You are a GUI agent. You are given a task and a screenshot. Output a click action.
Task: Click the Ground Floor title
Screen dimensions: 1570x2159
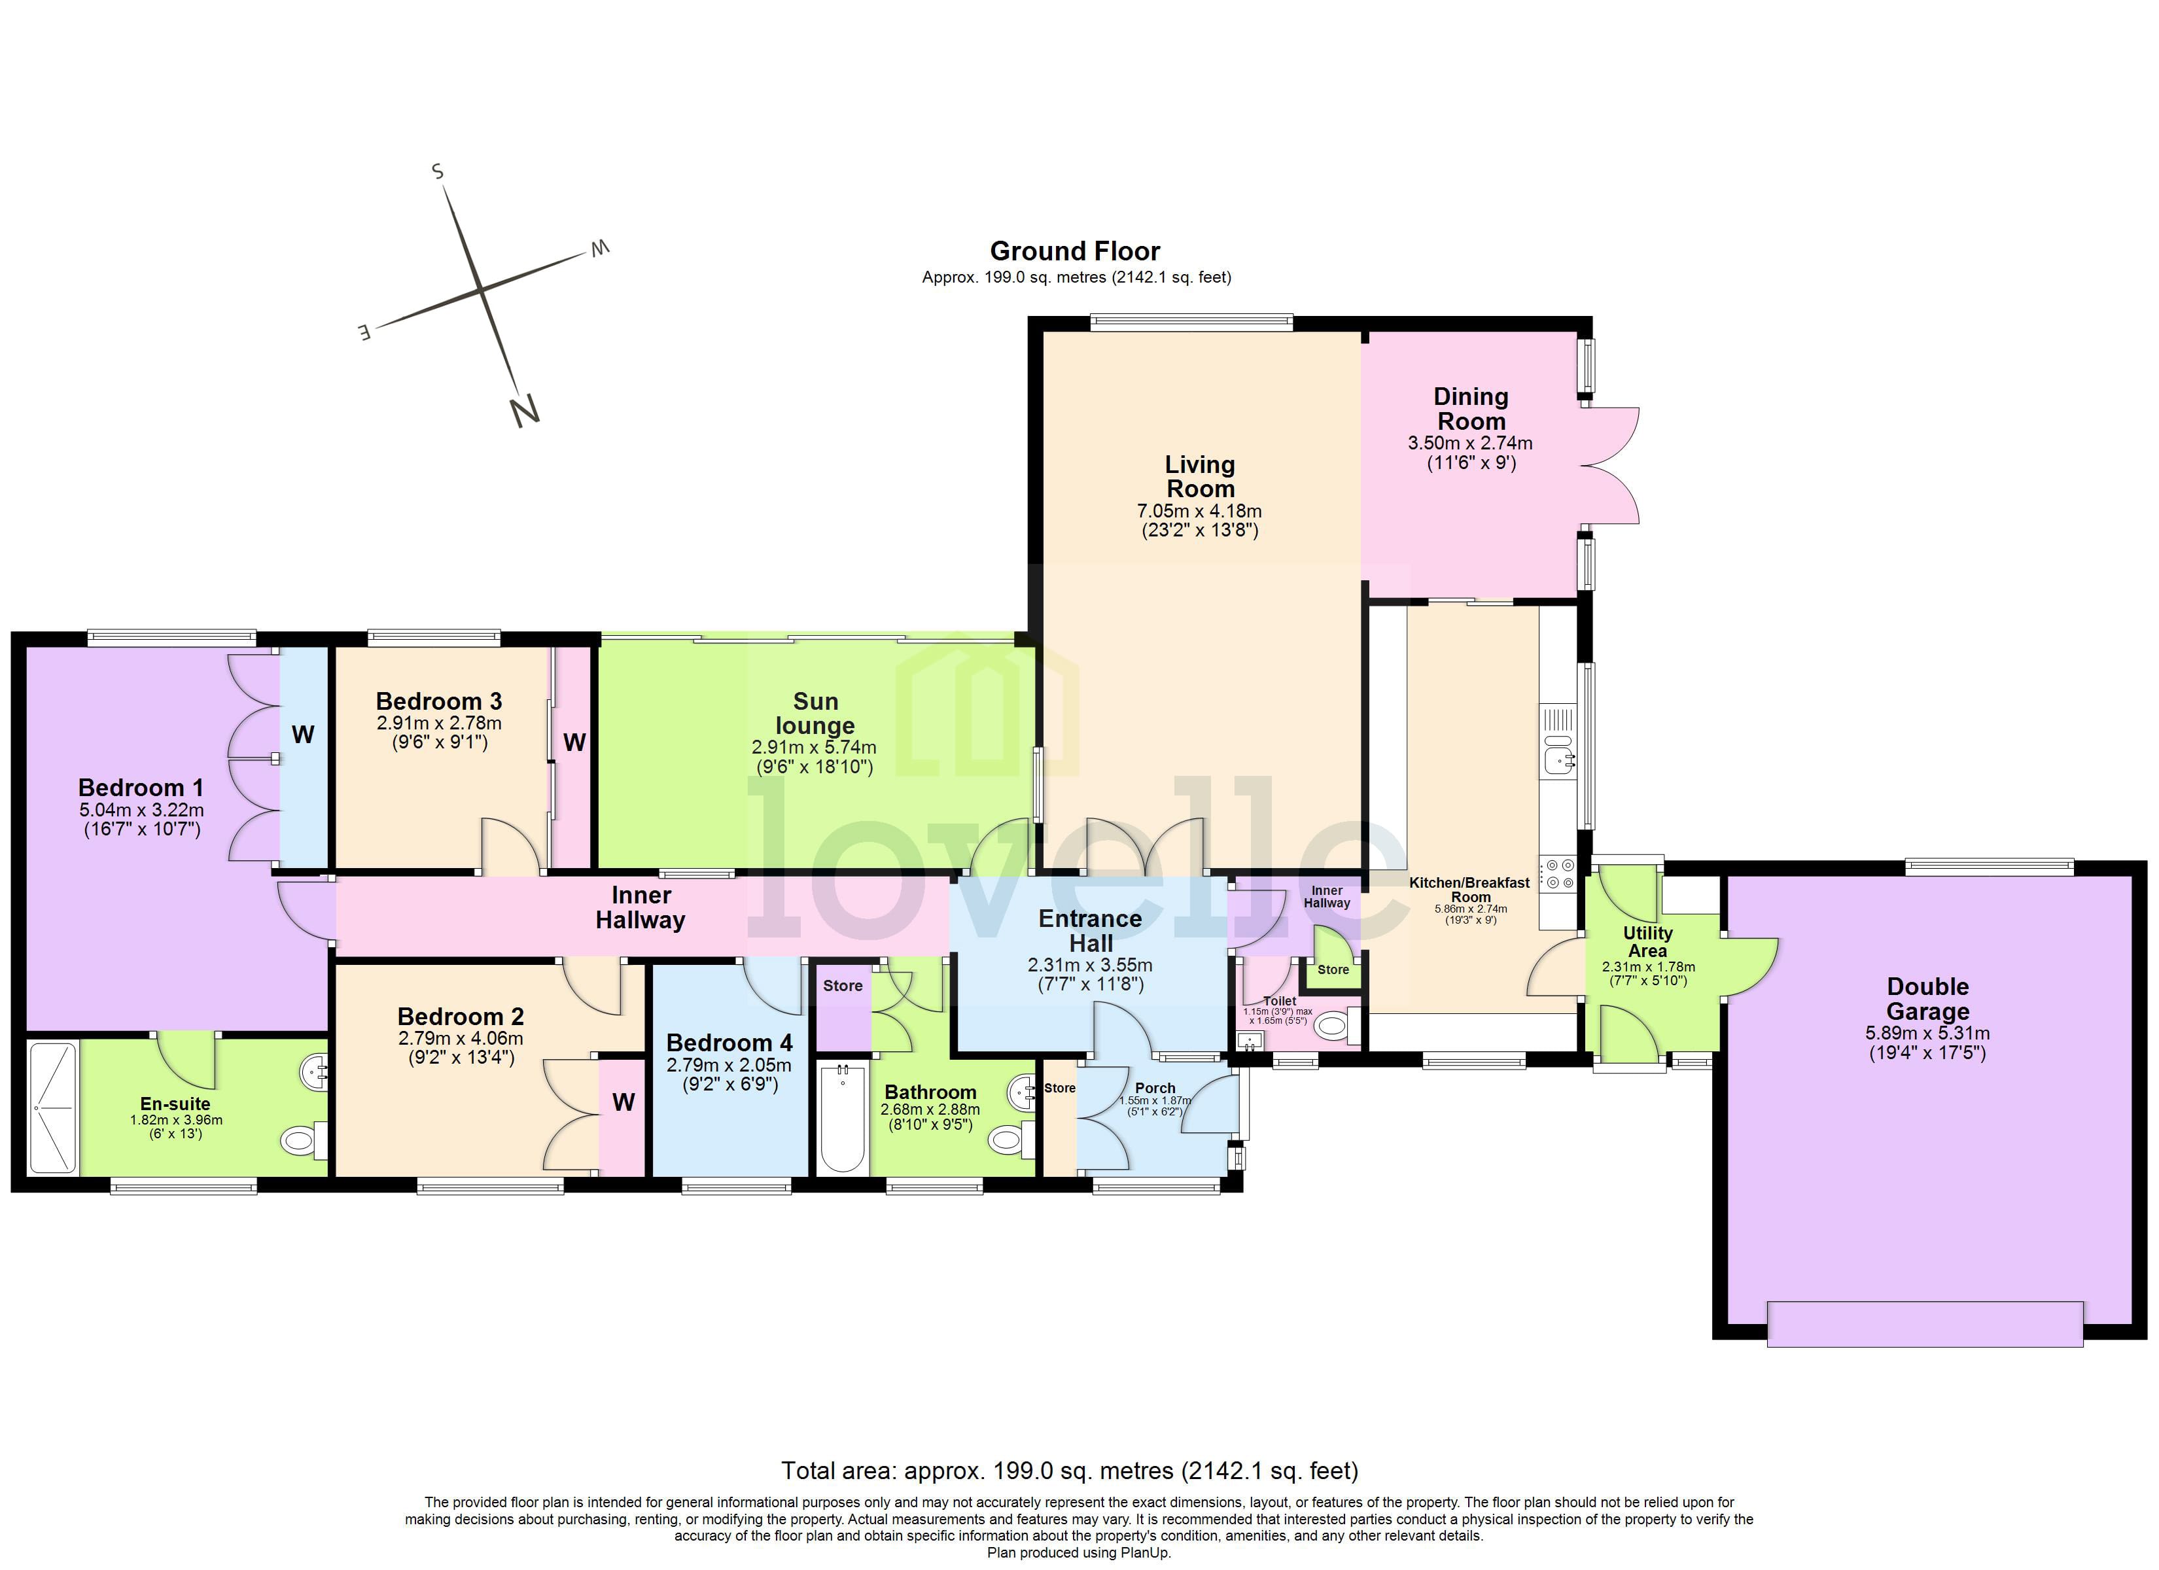[1075, 251]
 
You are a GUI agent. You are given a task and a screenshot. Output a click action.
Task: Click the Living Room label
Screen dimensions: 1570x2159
[1201, 477]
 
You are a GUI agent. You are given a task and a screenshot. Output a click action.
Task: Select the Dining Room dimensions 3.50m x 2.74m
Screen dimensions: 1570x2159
[1470, 444]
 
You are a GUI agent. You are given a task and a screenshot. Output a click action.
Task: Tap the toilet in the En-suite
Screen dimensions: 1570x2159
[303, 1140]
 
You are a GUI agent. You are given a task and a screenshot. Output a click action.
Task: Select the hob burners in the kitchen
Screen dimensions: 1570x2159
[1559, 874]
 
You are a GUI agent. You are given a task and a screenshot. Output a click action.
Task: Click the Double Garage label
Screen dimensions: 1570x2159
[1927, 999]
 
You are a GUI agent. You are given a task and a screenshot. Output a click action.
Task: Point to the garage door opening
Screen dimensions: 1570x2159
[1924, 1323]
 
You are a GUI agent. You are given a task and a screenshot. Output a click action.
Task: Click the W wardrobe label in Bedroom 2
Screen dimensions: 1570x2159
[623, 1102]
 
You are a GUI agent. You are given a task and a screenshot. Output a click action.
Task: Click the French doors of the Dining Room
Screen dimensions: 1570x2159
[1611, 466]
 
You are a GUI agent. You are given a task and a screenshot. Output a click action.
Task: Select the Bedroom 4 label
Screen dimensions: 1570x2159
[729, 1043]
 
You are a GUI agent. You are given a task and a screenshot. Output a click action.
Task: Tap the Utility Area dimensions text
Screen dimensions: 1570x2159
[1648, 973]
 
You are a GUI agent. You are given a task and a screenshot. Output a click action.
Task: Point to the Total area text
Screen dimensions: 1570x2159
[1069, 1471]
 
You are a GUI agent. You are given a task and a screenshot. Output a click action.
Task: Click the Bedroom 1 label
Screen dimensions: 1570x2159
[141, 788]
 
